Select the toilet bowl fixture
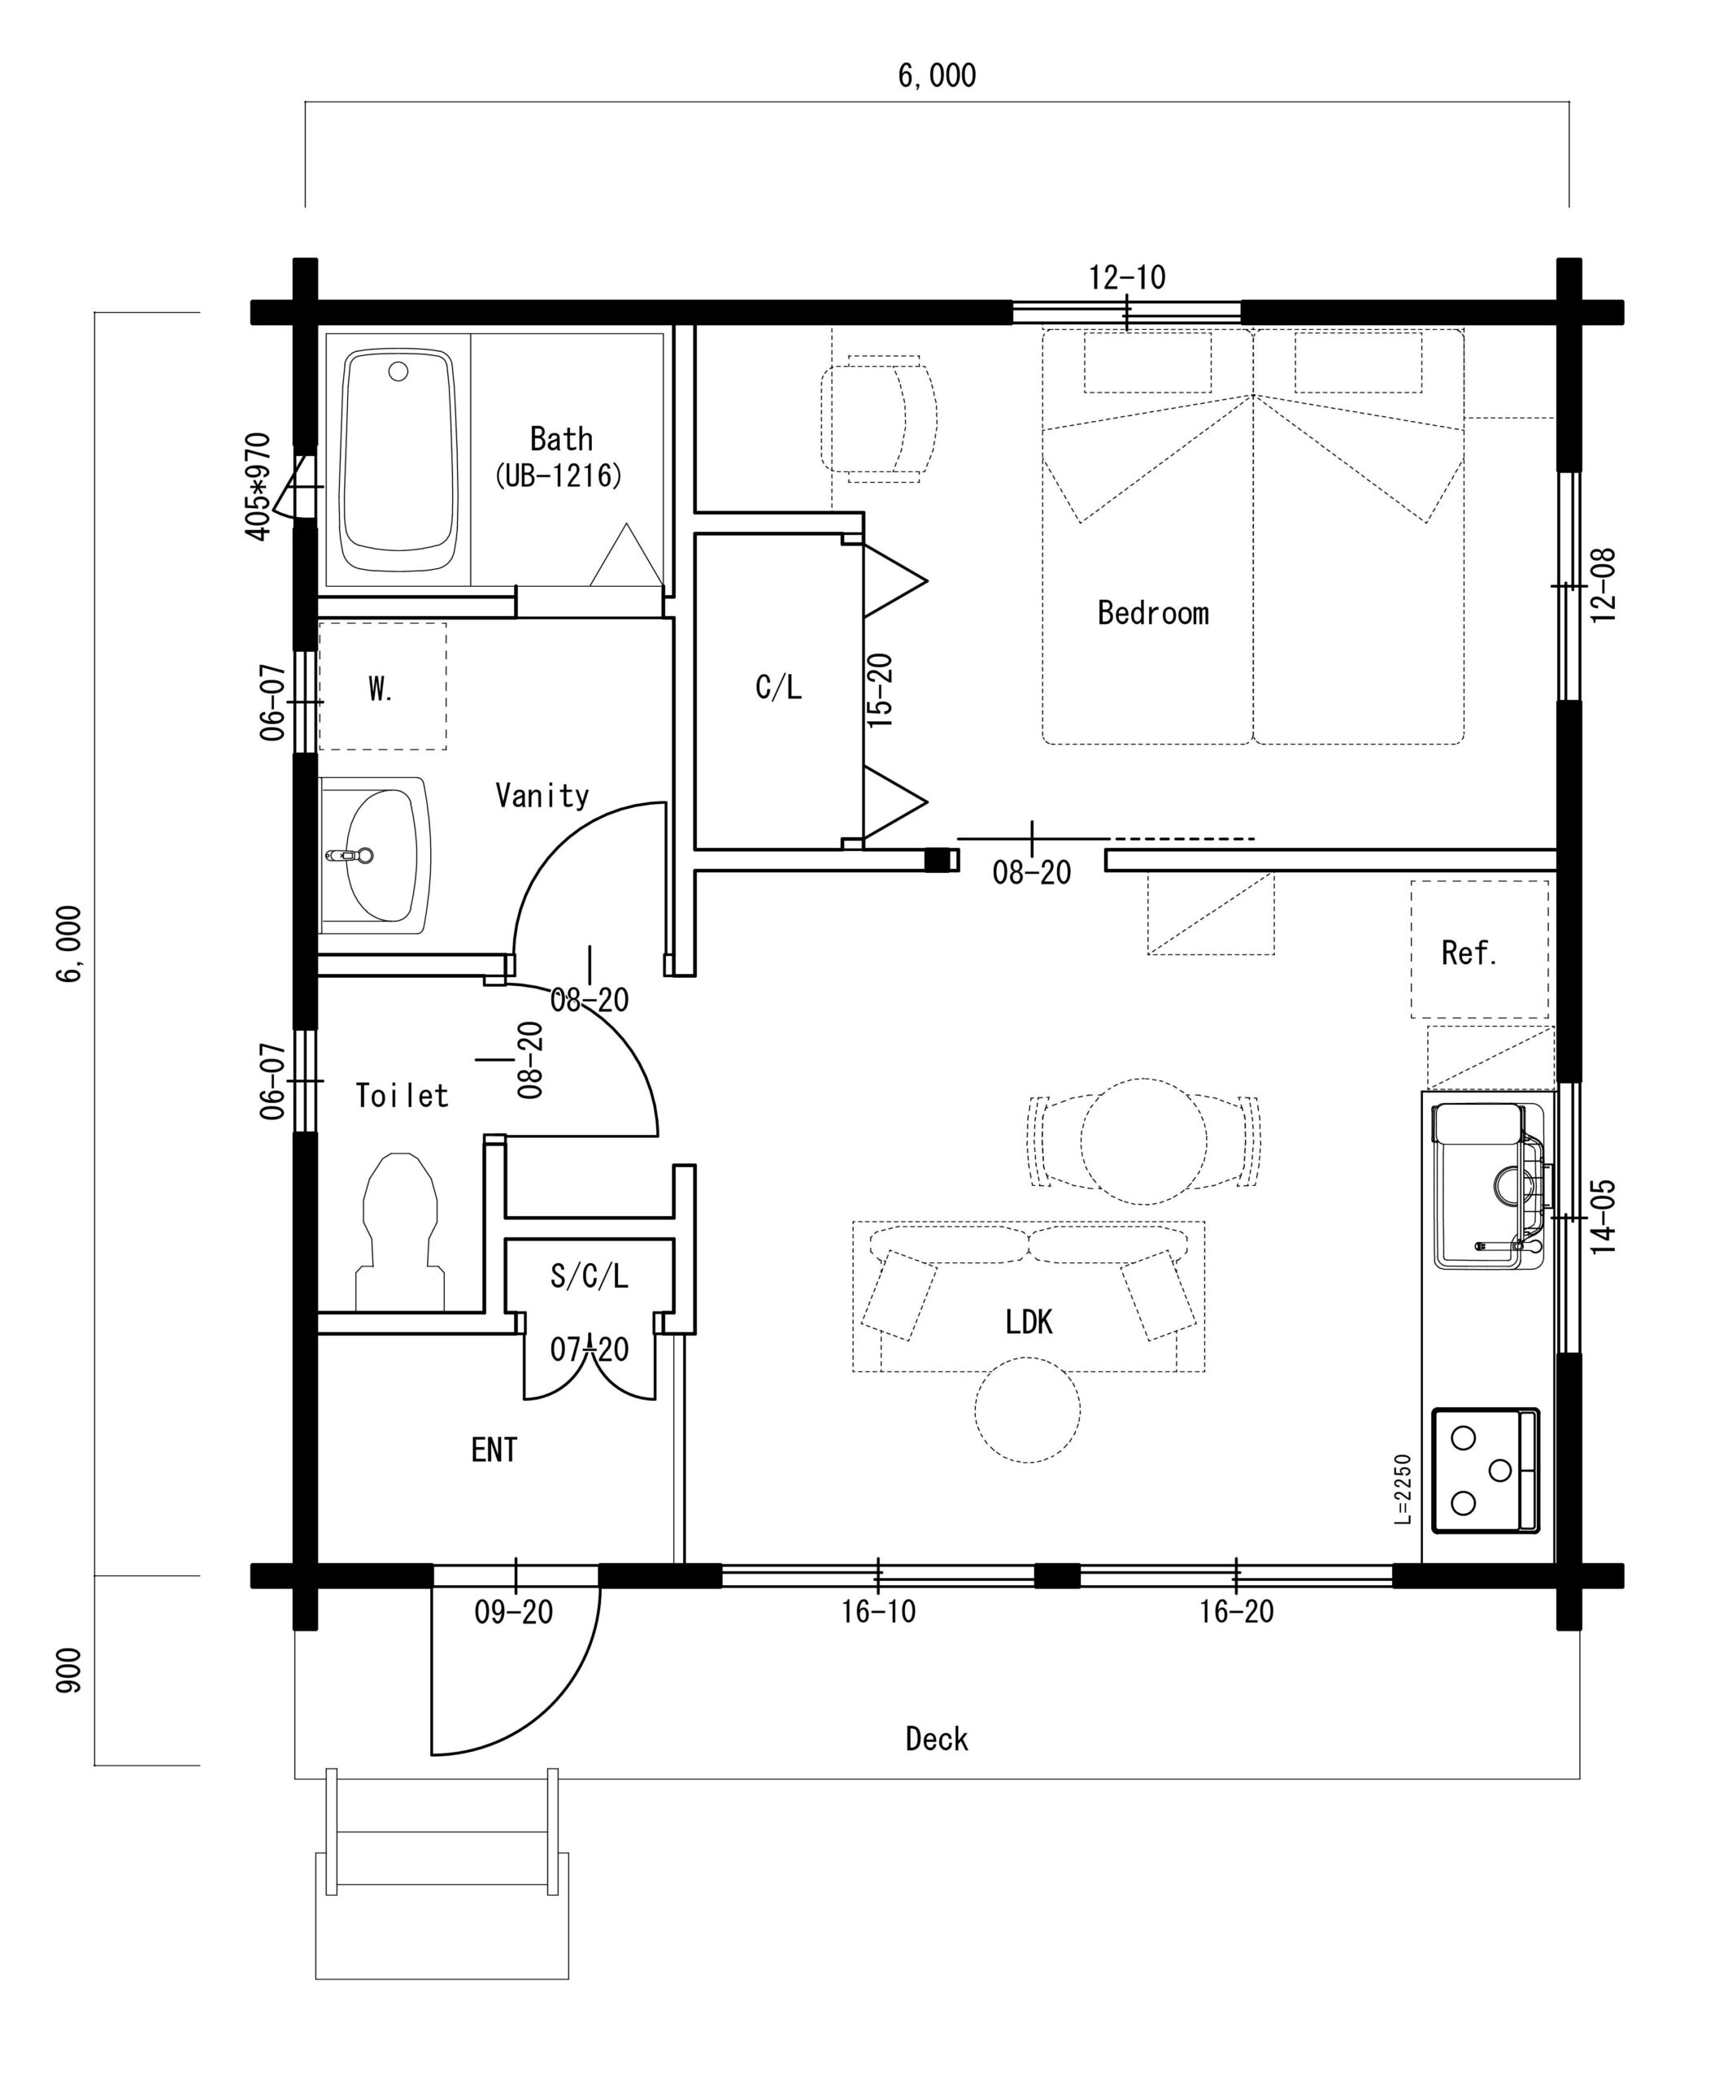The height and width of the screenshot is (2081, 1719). tap(400, 1232)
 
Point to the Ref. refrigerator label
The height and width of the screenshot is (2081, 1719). tap(1469, 954)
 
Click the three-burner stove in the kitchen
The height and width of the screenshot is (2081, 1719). tap(1486, 1471)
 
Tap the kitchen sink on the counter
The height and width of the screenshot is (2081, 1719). tap(1487, 1186)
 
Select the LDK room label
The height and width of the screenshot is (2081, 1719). tap(1029, 1322)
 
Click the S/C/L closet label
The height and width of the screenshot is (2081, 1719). tap(590, 1276)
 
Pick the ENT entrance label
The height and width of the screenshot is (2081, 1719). tap(494, 1450)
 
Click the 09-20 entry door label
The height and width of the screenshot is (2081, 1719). tap(513, 1613)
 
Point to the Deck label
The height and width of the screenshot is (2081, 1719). tap(937, 1740)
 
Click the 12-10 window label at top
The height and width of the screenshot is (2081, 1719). tap(1127, 277)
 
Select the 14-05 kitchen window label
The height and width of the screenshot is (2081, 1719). tap(1604, 1217)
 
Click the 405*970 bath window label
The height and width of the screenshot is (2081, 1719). tap(258, 486)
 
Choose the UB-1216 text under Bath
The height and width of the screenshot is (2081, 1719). tap(559, 476)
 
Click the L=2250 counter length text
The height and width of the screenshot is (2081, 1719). tap(1401, 1489)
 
